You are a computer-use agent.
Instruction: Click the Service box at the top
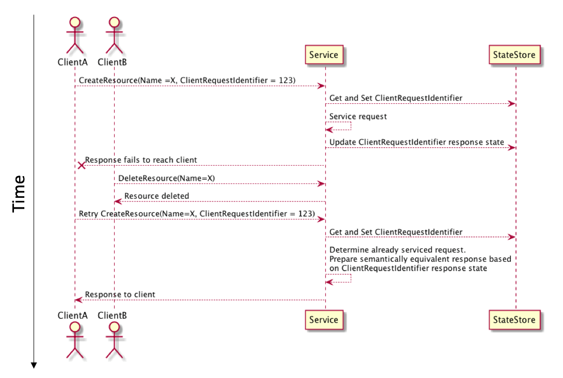point(323,55)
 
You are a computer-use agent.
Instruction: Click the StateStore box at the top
point(514,55)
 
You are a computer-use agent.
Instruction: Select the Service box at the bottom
point(323,320)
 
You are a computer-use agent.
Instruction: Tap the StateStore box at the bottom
point(514,320)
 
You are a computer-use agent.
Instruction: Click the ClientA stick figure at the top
point(75,35)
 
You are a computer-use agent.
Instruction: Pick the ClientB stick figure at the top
point(114,35)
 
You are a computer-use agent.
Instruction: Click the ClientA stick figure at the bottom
point(75,340)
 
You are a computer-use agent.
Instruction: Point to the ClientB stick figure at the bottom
point(114,340)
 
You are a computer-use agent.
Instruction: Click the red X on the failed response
point(81,165)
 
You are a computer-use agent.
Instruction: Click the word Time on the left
point(19,193)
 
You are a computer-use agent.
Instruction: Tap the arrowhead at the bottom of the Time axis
point(34,365)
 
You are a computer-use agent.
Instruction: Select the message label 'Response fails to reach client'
point(140,160)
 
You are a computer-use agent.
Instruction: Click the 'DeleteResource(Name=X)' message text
point(166,178)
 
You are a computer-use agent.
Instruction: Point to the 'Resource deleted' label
point(157,196)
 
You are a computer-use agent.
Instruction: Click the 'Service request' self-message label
point(358,117)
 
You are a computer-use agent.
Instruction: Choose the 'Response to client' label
point(120,295)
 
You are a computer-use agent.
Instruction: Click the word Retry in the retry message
point(88,214)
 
